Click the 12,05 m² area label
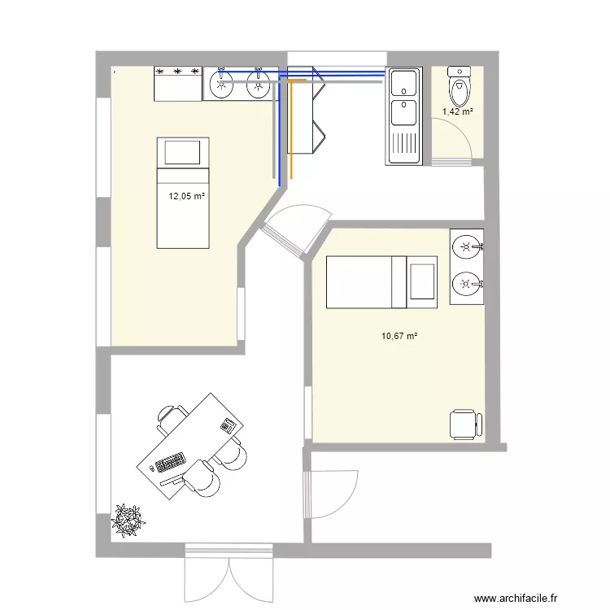click(x=186, y=196)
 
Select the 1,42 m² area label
click(x=458, y=112)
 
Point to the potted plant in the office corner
click(x=128, y=521)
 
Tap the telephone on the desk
click(x=227, y=425)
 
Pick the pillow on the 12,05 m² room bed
click(x=182, y=152)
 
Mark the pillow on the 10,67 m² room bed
click(x=422, y=282)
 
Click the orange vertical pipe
click(x=290, y=130)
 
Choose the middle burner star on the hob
click(x=177, y=72)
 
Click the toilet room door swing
click(x=455, y=142)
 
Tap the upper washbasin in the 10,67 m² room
click(x=466, y=245)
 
